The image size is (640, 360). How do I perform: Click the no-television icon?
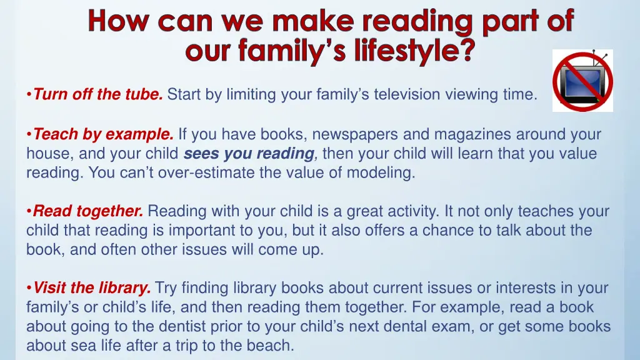(x=582, y=81)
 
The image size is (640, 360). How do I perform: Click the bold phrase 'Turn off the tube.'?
(x=98, y=95)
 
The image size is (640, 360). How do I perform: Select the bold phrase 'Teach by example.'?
(x=103, y=134)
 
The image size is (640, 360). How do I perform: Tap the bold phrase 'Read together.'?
(x=88, y=211)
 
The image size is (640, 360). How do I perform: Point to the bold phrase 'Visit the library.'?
(x=92, y=288)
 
